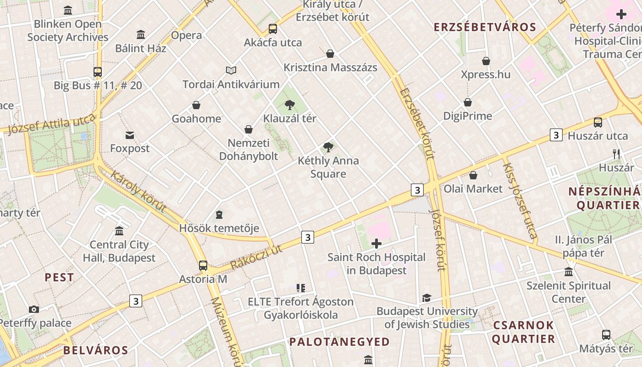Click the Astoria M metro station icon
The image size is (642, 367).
pos(203,266)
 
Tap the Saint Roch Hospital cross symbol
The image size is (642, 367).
pos(376,244)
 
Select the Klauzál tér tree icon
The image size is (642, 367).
pos(289,105)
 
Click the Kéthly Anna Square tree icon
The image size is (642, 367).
pos(328,147)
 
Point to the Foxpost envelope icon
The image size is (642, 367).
pos(130,135)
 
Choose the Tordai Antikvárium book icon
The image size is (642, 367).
pos(232,71)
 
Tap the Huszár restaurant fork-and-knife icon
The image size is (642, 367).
pos(616,154)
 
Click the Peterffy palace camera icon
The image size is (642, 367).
pos(33,310)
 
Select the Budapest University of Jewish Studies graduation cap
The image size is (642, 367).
pos(426,298)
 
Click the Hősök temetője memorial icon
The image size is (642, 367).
pos(219,215)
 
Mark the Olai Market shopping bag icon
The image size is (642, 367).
pos(473,175)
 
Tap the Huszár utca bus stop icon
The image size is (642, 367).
pos(598,122)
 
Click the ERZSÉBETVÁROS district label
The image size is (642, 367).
pos(485,27)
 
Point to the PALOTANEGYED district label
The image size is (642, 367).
pos(339,342)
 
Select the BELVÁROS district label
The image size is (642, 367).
pos(95,350)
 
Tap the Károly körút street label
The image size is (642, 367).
pos(138,191)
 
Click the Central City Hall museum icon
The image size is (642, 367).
pos(119,231)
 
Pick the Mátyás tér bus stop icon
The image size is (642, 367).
pos(606,335)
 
